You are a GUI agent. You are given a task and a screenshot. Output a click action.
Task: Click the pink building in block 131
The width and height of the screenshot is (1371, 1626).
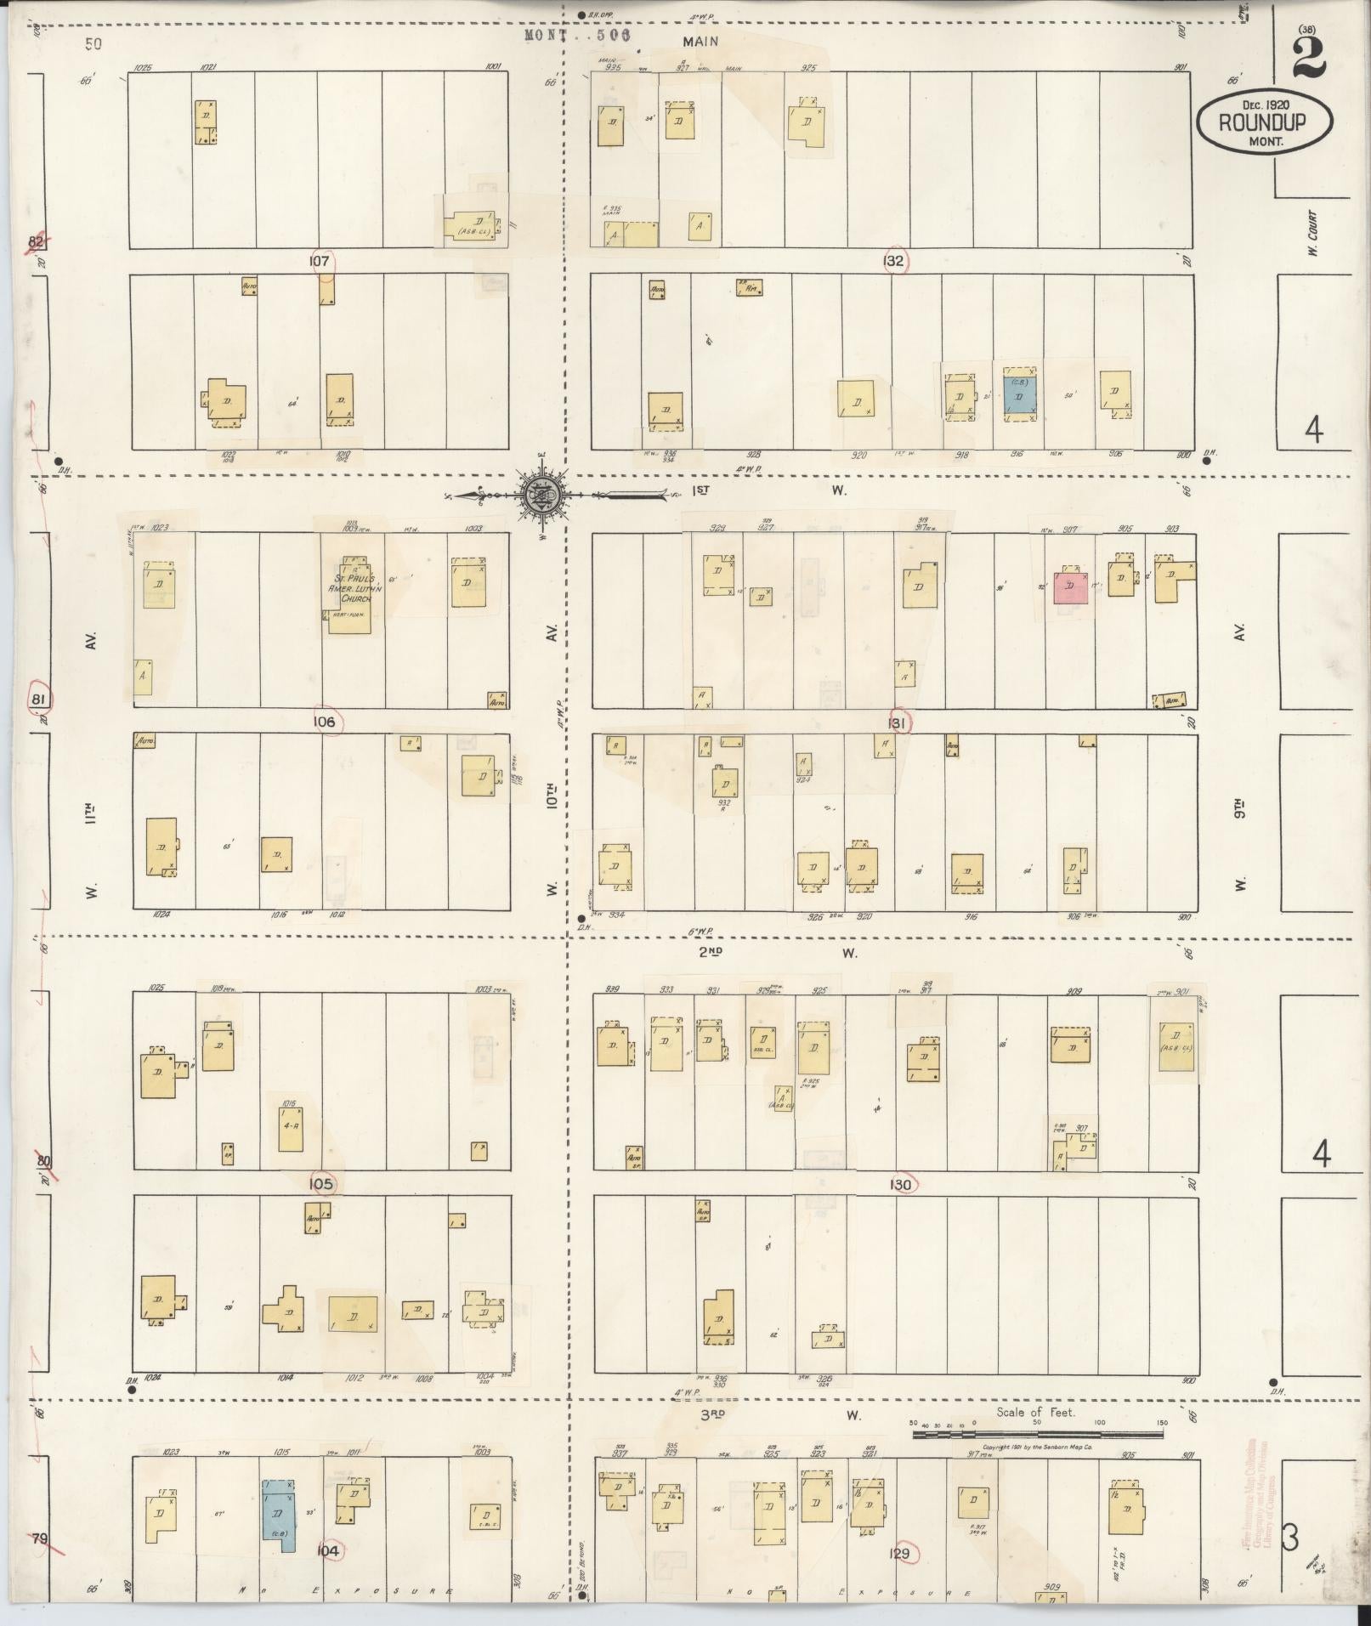click(x=1070, y=586)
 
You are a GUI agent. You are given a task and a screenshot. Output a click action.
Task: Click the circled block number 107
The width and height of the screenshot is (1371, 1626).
click(x=320, y=262)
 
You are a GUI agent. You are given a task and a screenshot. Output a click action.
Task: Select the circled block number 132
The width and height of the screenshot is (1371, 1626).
click(x=893, y=261)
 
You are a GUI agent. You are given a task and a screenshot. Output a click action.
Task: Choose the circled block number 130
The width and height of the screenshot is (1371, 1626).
click(x=901, y=1185)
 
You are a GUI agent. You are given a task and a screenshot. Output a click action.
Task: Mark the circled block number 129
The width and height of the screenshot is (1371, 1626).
click(x=900, y=1555)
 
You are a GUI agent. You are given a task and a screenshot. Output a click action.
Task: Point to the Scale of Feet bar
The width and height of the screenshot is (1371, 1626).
click(x=1037, y=1435)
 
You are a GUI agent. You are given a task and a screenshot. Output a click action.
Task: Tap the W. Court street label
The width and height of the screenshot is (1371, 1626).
click(x=1312, y=233)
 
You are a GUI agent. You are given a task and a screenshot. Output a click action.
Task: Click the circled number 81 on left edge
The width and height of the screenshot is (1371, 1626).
click(x=38, y=700)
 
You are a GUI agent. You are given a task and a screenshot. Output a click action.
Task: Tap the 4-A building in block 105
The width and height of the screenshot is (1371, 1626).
click(x=290, y=1127)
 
